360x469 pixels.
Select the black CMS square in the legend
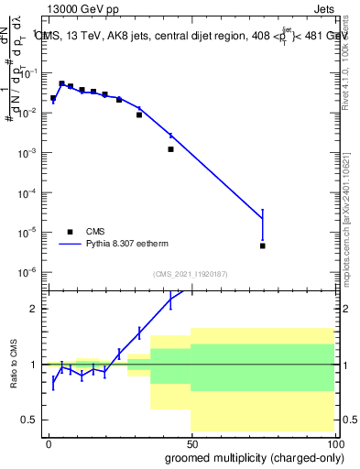pos(70,232)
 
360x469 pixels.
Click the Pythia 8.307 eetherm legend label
pos(127,245)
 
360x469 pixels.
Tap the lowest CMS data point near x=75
pos(263,245)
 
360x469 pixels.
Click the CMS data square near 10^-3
pos(170,149)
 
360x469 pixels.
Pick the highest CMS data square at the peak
pos(61,83)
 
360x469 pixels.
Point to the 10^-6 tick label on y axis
pos(28,272)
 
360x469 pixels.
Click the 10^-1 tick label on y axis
pos(28,72)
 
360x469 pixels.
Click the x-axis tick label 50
pos(191,444)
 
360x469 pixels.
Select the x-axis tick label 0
pos(49,444)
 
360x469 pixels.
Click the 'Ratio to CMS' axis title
pos(13,365)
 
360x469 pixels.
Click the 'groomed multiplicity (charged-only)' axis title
pos(249,457)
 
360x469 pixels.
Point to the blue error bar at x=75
pos(263,224)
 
